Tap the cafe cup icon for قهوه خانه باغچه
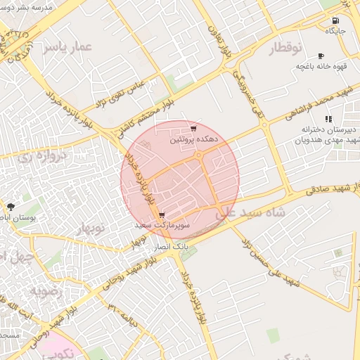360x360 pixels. [x=321, y=56]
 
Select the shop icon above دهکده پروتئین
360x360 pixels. [x=193, y=129]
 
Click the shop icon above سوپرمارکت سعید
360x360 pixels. [x=162, y=215]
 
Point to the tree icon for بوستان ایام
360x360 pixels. [x=10, y=207]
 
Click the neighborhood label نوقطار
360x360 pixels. [x=285, y=48]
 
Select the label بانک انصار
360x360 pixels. [x=171, y=247]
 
